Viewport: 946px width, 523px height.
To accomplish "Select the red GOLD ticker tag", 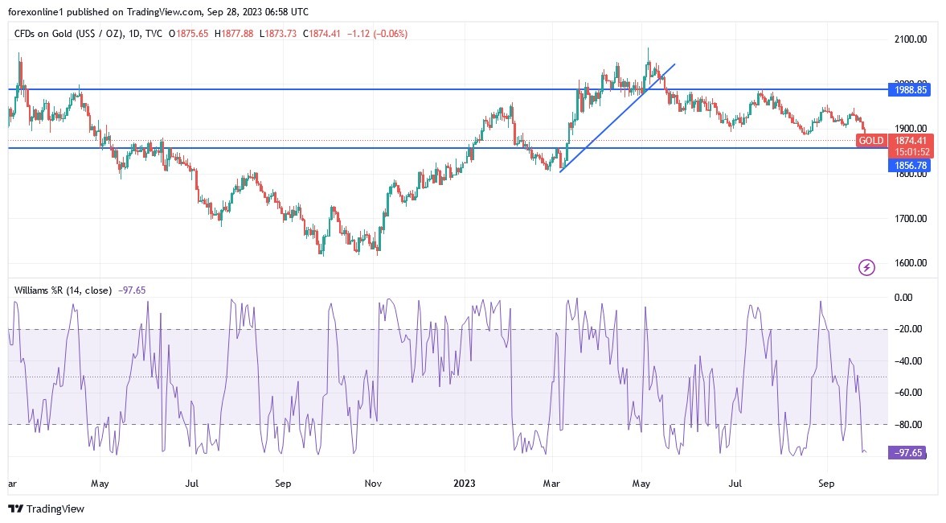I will [871, 141].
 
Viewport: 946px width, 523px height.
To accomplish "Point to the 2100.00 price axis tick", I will [911, 39].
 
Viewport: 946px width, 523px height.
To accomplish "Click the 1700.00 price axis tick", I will [911, 218].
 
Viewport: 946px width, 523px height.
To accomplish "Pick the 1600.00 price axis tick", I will [911, 263].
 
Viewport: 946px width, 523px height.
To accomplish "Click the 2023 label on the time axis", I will [465, 484].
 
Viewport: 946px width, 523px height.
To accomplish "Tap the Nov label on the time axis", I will [373, 484].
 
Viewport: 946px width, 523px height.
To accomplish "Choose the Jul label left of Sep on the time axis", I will [191, 484].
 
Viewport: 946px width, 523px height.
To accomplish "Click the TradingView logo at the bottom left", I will [46, 509].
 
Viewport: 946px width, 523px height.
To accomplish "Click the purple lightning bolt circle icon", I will [866, 267].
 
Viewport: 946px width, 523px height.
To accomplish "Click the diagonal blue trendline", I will [616, 117].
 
